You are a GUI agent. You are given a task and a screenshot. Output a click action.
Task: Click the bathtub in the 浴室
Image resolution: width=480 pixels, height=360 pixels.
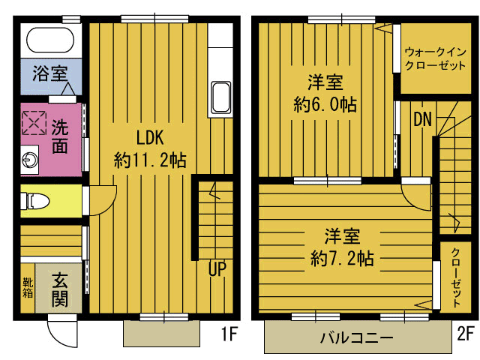pos(50,40)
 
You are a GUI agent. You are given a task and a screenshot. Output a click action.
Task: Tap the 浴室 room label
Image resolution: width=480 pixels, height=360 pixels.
pos(50,73)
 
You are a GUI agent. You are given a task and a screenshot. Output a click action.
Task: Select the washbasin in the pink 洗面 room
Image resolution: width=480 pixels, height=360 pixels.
pos(30,160)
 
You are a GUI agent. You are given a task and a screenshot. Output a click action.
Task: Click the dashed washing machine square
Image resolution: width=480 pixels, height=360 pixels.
pos(34,122)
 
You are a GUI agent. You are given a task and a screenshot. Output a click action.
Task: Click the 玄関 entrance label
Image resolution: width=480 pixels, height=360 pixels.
pos(59,289)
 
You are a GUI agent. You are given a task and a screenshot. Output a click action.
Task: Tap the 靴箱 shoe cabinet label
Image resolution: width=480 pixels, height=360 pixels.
pos(28,288)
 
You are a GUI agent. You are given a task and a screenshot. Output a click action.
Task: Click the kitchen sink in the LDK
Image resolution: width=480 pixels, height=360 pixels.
pos(221,97)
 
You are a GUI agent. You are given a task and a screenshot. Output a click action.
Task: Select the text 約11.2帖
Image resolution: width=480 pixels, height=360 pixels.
pos(150,160)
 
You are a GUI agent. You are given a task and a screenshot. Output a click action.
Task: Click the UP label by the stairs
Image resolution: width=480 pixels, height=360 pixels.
pos(217,268)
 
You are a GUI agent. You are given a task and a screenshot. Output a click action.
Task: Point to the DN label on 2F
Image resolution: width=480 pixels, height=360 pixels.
pos(422,119)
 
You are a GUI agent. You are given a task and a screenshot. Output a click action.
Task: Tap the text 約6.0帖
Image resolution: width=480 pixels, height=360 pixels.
pos(325,104)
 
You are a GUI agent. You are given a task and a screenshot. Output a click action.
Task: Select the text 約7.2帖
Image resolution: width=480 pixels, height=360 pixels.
pos(342,258)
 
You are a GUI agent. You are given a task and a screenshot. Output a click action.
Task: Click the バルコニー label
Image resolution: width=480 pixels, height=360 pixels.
pos(356,338)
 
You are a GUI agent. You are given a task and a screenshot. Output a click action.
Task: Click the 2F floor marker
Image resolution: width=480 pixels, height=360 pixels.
pos(466,333)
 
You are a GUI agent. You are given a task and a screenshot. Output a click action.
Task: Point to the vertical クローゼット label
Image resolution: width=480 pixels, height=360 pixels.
pos(456,277)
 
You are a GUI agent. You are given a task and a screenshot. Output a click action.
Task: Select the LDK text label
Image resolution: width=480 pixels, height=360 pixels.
pos(150,137)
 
